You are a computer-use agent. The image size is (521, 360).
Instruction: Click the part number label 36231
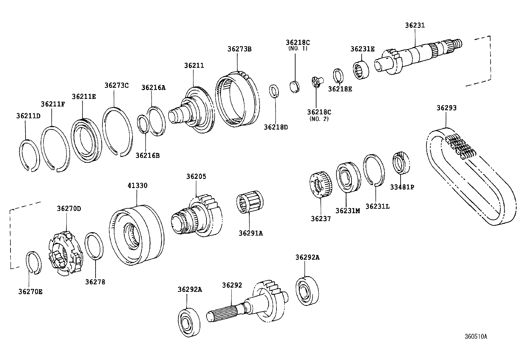click(415, 25)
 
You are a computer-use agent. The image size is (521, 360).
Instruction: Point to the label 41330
click(137, 186)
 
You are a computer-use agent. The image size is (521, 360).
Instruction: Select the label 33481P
click(402, 187)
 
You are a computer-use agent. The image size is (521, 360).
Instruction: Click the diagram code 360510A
click(476, 336)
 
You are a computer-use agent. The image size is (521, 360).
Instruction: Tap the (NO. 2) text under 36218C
click(319, 119)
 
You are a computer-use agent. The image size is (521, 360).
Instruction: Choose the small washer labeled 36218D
click(274, 91)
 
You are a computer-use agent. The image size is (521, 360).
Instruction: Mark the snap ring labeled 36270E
click(33, 262)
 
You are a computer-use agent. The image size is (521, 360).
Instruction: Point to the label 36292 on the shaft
click(232, 285)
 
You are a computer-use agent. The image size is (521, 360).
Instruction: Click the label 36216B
click(148, 155)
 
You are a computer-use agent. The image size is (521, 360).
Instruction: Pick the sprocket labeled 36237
click(321, 185)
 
